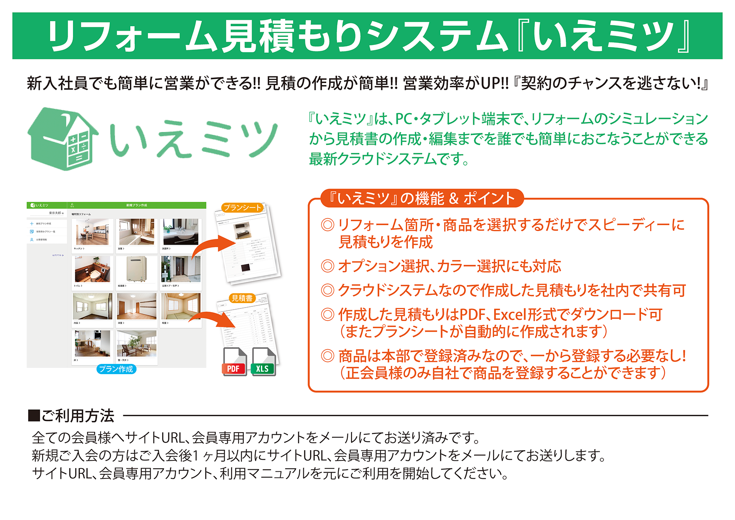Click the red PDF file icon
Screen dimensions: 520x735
coord(234,362)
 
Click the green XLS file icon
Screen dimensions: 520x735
coord(263,362)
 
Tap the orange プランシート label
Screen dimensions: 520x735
coord(242,208)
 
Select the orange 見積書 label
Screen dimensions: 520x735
coord(242,298)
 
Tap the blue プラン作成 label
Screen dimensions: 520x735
coord(116,369)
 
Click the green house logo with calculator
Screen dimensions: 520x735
coord(63,139)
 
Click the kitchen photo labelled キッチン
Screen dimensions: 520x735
coord(93,232)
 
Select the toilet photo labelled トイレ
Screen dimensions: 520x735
coord(93,269)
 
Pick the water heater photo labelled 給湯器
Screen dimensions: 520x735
coord(136,269)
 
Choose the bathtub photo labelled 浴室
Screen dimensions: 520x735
coord(136,232)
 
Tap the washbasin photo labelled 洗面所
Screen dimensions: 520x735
coord(180,232)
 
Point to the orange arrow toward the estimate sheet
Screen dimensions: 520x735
coord(212,318)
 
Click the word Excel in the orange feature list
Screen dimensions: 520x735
coord(510,315)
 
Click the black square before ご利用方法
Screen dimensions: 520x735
coord(34,416)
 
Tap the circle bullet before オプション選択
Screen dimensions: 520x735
coord(327,266)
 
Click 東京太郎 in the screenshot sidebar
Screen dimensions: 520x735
coord(55,213)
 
